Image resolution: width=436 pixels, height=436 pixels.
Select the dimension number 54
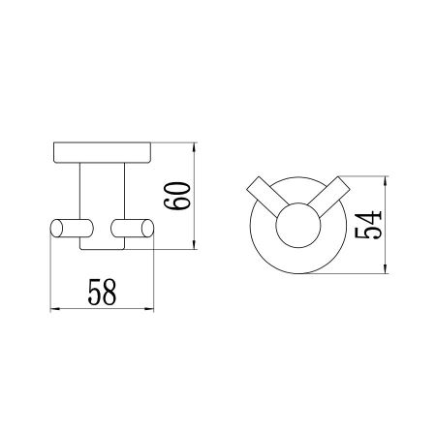point(370,225)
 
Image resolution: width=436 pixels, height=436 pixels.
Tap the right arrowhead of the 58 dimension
point(152,309)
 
